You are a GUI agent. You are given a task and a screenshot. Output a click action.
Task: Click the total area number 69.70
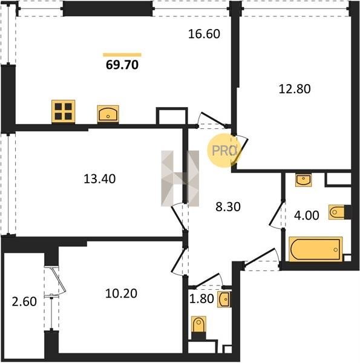pyautogui.click(x=122, y=65)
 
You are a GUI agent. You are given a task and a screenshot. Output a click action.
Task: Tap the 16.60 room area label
pyautogui.click(x=204, y=34)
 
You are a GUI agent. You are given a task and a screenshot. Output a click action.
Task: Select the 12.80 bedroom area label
pyautogui.click(x=295, y=89)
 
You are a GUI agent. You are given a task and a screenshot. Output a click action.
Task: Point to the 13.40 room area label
pyautogui.click(x=100, y=179)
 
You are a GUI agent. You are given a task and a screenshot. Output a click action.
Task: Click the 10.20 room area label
pyautogui.click(x=121, y=293)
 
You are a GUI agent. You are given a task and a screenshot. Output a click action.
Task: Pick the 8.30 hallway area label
pyautogui.click(x=228, y=207)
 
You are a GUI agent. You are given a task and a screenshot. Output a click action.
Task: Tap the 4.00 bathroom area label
pyautogui.click(x=307, y=215)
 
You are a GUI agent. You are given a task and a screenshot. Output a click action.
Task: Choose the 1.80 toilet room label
pyautogui.click(x=201, y=299)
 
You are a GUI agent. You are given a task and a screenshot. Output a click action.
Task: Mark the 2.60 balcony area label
pyautogui.click(x=24, y=302)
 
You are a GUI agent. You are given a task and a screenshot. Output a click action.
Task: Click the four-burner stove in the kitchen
pyautogui.click(x=63, y=111)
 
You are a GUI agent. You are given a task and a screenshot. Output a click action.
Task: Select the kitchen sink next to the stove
pyautogui.click(x=108, y=114)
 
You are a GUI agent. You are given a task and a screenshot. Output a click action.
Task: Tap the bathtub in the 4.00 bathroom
pyautogui.click(x=316, y=249)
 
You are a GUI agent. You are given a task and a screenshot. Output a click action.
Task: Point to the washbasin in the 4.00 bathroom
pyautogui.click(x=303, y=180)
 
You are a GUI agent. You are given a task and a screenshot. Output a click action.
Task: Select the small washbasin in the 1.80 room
pyautogui.click(x=224, y=299)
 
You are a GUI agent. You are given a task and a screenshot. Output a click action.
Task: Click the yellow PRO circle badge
pyautogui.click(x=224, y=151)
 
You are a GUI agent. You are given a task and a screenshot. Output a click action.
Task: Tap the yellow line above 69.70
pyautogui.click(x=122, y=55)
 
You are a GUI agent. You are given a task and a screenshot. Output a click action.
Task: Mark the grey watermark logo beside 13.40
pyautogui.click(x=180, y=178)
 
